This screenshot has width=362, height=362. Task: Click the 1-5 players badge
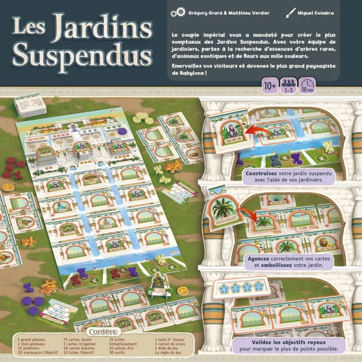coord(287,86)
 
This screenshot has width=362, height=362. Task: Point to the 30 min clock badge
coord(307,86)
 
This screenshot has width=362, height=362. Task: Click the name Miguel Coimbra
coord(315,13)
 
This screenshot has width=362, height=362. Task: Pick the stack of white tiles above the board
coord(31,105)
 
